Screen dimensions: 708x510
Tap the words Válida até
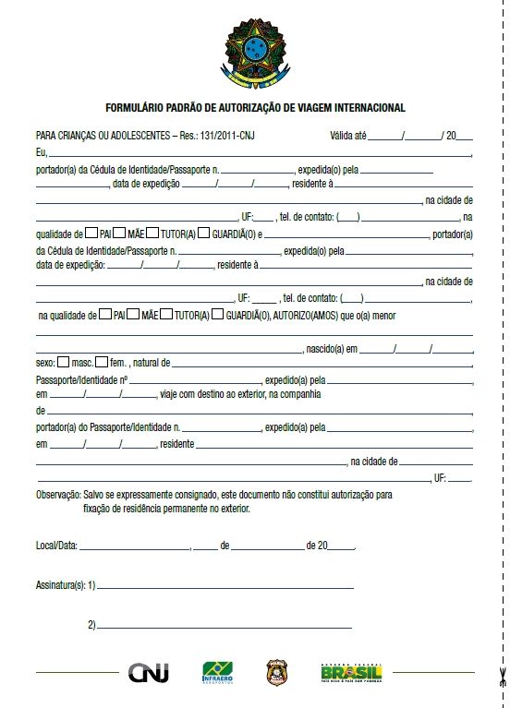(348, 135)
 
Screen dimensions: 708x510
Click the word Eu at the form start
(41, 150)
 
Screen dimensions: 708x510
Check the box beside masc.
(63, 362)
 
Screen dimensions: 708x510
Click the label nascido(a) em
(333, 349)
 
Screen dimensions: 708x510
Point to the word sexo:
(45, 363)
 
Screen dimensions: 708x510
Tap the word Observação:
(58, 496)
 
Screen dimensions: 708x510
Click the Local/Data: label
(56, 546)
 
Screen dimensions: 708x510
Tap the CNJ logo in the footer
(149, 673)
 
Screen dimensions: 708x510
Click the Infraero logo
(218, 673)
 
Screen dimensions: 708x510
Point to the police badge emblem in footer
(276, 672)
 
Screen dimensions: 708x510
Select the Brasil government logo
(351, 673)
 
